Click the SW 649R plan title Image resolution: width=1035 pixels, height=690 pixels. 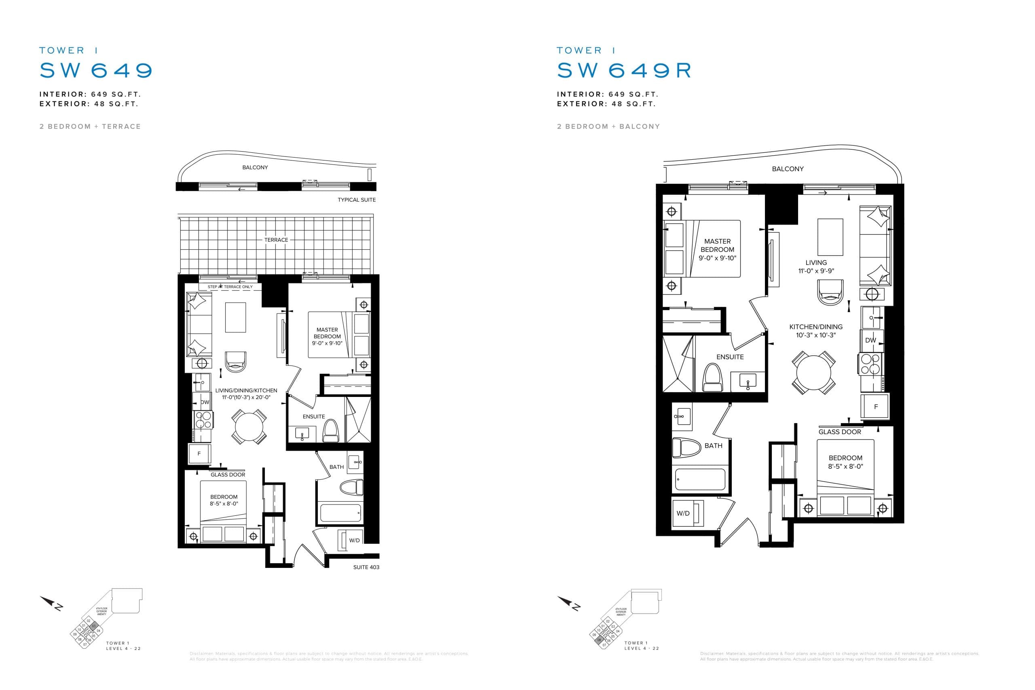coord(624,70)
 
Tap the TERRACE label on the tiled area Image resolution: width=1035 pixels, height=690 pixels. coord(276,240)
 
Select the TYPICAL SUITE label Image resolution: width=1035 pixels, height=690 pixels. coord(357,200)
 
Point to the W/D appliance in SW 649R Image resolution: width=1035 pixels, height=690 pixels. coord(683,513)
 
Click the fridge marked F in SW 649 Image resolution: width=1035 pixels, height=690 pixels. coord(199,453)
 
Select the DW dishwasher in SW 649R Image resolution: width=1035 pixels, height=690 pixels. coord(870,340)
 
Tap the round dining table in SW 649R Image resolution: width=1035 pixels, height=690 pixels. coord(814,372)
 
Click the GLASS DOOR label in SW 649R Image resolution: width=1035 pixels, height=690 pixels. coord(840,432)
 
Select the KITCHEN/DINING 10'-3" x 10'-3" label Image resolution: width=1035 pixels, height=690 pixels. coord(815,331)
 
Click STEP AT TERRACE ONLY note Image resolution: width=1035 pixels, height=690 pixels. coord(230,287)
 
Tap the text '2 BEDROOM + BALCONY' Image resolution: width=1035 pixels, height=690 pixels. coord(608,126)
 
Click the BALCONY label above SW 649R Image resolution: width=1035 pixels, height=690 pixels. coord(787,169)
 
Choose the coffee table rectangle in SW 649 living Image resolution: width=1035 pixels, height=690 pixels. coord(235,317)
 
